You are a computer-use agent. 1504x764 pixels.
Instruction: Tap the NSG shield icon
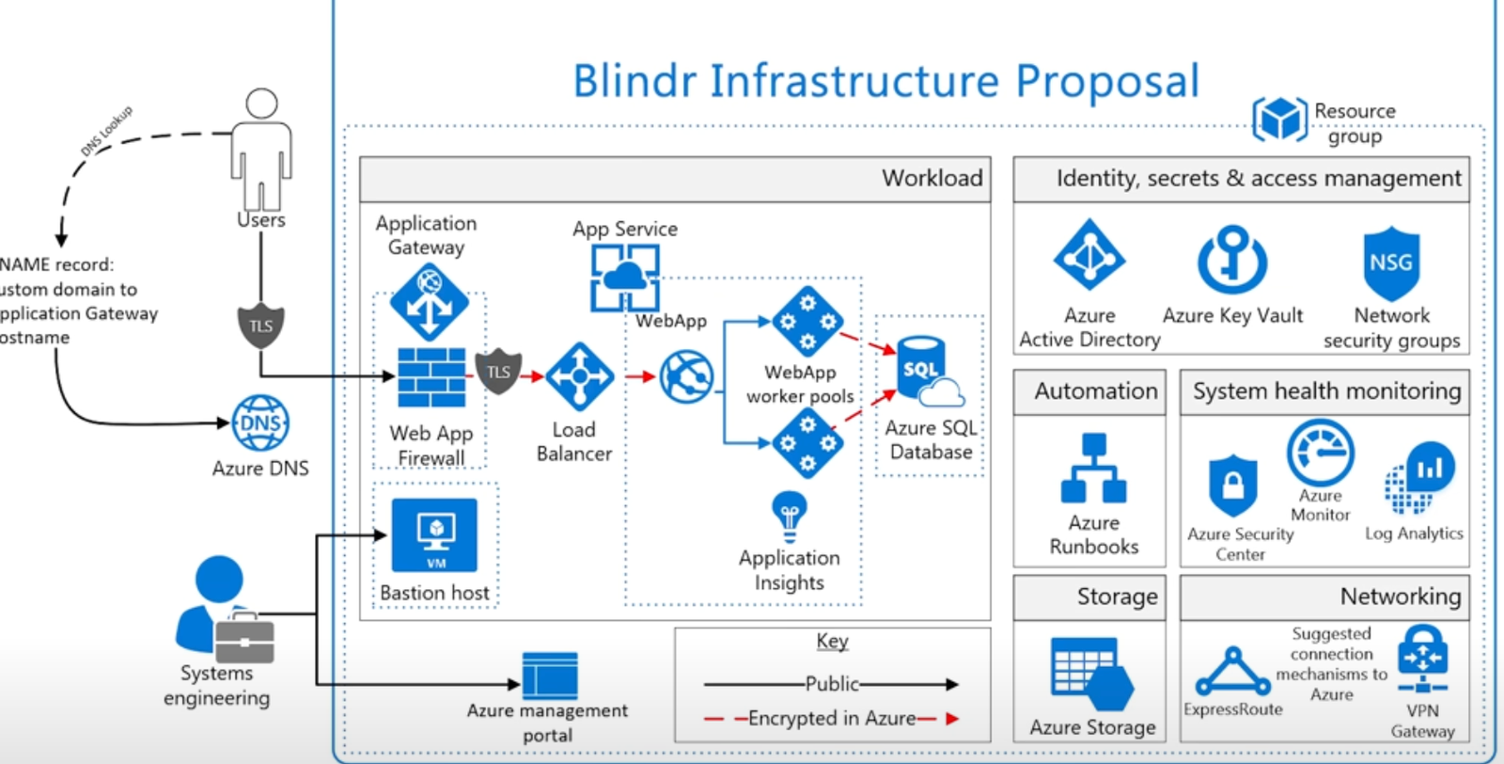click(1391, 263)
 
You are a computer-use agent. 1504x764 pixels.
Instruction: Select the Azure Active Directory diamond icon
click(1089, 254)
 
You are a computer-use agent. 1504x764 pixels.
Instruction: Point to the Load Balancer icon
click(579, 376)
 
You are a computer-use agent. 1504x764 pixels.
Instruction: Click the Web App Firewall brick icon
click(431, 377)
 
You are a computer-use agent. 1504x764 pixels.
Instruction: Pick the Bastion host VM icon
click(434, 534)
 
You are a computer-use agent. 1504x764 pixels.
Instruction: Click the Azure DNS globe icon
click(260, 423)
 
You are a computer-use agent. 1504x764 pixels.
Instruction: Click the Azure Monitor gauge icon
click(1320, 453)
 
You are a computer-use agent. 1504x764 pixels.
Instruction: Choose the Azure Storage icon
click(1091, 673)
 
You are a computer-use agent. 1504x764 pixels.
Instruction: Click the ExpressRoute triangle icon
click(1232, 672)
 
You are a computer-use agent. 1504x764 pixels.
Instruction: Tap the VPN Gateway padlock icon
click(1421, 660)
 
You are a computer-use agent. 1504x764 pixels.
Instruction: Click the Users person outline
click(261, 151)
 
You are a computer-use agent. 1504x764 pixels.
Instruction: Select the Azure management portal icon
click(550, 676)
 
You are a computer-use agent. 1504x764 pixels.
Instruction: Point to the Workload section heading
click(932, 179)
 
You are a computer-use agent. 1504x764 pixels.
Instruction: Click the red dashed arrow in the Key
click(831, 719)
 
